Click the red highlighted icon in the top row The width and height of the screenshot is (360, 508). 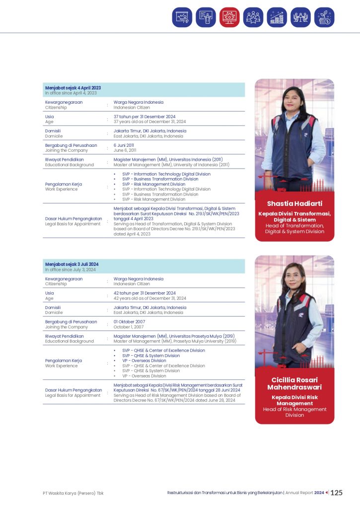pyautogui.click(x=229, y=17)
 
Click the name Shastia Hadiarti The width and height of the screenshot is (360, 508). pyautogui.click(x=294, y=204)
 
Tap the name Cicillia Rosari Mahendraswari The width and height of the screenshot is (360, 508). pyautogui.click(x=294, y=383)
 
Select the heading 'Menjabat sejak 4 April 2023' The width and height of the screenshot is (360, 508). pyautogui.click(x=73, y=88)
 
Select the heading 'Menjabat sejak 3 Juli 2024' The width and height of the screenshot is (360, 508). pyautogui.click(x=72, y=264)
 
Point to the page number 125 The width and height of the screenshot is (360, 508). pyautogui.click(x=337, y=493)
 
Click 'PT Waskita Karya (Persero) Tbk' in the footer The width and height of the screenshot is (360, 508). pyautogui.click(x=72, y=493)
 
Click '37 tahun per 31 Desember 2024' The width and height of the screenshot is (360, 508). pyautogui.click(x=144, y=117)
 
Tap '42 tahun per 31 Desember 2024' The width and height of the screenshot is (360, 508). pyautogui.click(x=144, y=293)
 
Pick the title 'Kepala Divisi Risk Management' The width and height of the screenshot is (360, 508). pyautogui.click(x=294, y=400)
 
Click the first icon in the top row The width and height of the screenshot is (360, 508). pyautogui.click(x=182, y=17)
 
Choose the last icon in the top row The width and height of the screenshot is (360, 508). pyautogui.click(x=324, y=17)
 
